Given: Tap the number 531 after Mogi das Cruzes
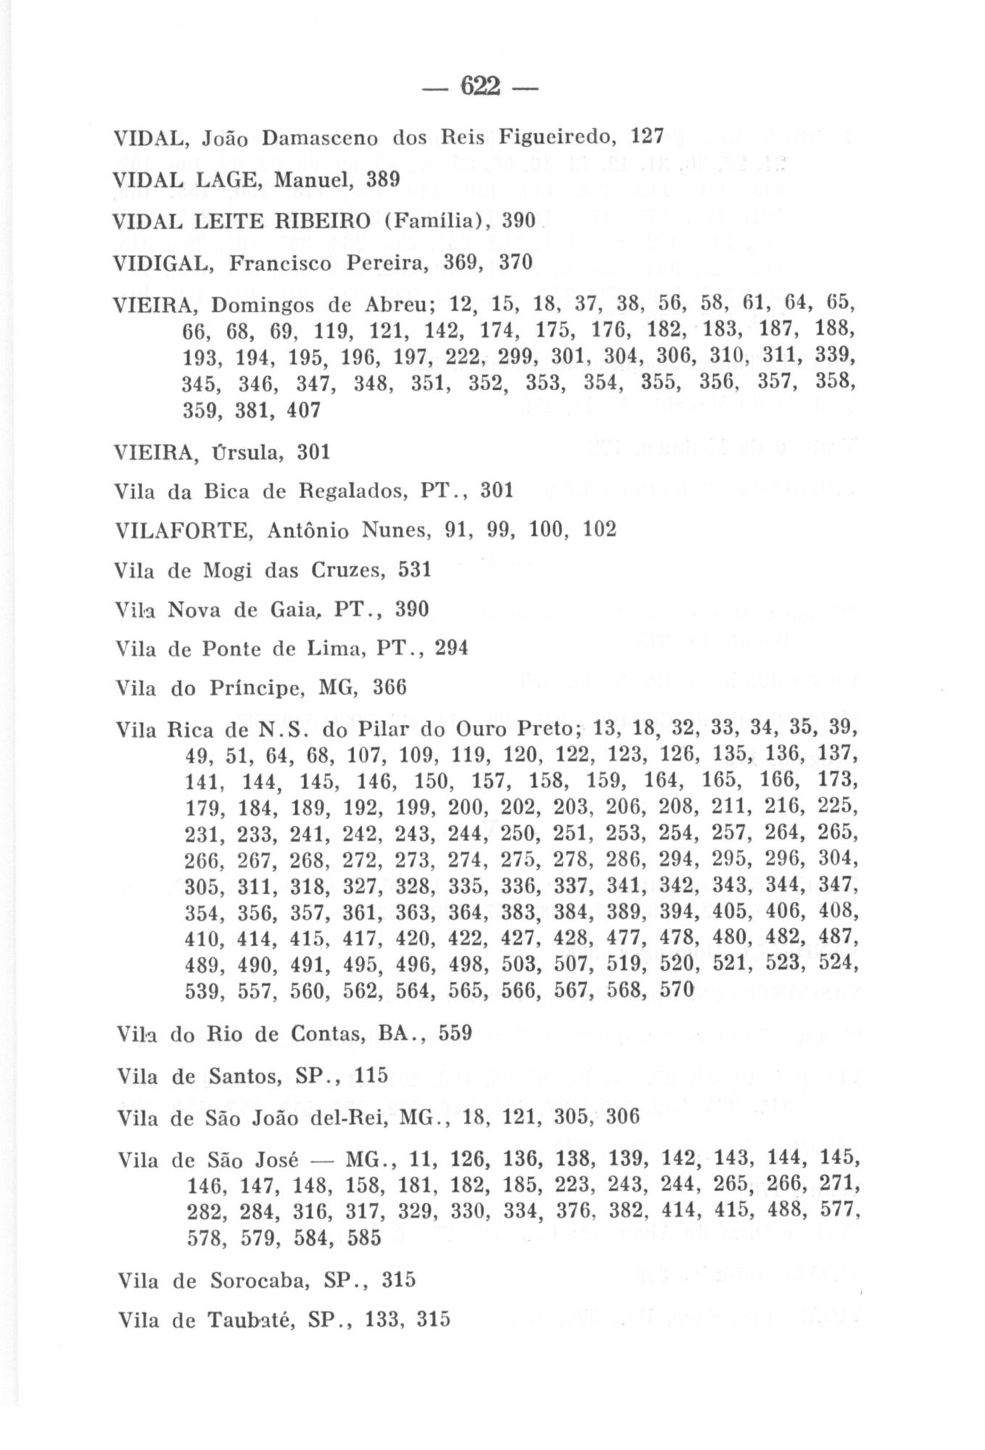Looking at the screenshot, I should pos(415,570).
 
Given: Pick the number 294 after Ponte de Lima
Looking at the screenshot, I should pos(451,647).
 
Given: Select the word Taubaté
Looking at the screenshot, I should pos(251,1320).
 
